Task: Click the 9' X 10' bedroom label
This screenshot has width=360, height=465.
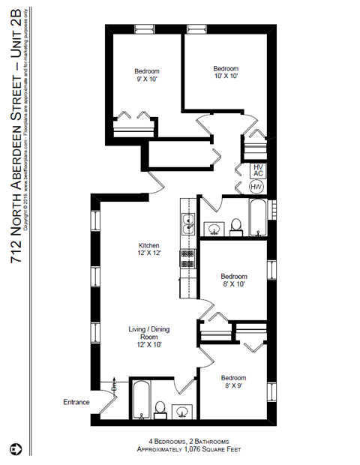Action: (147, 76)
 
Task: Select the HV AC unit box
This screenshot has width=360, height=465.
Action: (257, 170)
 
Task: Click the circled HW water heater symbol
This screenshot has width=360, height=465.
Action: (256, 187)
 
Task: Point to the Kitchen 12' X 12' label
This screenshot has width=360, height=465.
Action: (148, 249)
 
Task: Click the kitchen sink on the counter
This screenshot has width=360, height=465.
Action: (189, 222)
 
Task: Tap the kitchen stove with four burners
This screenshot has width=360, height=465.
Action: (187, 259)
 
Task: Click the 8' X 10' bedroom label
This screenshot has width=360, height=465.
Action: (233, 280)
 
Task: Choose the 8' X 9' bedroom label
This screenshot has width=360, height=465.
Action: (233, 382)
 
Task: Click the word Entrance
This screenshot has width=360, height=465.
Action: (76, 402)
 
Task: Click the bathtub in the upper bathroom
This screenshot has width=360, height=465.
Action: (256, 217)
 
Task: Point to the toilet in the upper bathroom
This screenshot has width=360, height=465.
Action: (235, 226)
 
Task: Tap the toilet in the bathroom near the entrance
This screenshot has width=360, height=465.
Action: (160, 408)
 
